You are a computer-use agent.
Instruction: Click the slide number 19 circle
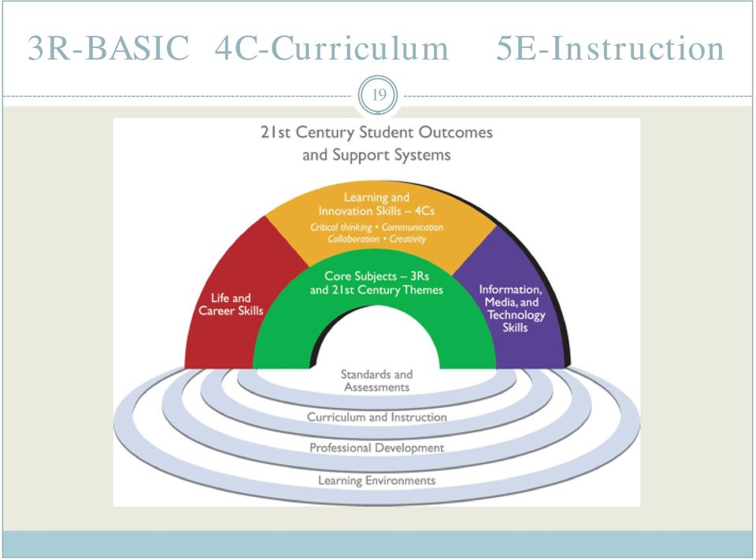click(379, 95)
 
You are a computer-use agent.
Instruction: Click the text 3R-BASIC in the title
click(109, 48)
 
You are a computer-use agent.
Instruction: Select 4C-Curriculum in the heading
click(332, 48)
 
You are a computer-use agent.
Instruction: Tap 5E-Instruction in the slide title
click(610, 48)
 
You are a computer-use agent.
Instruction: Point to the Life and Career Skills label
click(231, 304)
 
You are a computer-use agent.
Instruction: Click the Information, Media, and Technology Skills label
click(513, 308)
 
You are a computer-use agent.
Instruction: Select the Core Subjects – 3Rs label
click(376, 276)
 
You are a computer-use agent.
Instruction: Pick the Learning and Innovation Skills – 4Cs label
click(376, 204)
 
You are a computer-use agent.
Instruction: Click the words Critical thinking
click(341, 227)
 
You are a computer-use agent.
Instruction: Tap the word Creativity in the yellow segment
click(408, 239)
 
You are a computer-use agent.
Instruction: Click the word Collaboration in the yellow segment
click(354, 239)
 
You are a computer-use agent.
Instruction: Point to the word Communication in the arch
click(412, 227)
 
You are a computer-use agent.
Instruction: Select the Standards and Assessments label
click(376, 380)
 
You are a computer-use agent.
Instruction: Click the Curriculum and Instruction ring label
click(376, 417)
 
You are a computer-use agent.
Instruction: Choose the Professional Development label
click(376, 448)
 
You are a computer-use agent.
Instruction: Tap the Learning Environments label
click(376, 480)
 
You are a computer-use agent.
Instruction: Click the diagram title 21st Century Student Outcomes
click(376, 132)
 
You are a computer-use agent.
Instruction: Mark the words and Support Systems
click(376, 155)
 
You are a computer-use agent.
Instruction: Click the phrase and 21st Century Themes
click(376, 290)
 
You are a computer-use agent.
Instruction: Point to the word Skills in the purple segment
click(515, 328)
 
